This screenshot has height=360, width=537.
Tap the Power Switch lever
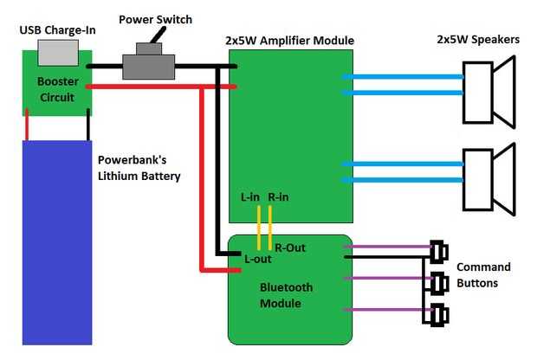click(x=159, y=35)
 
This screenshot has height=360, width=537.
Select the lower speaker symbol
click(x=488, y=177)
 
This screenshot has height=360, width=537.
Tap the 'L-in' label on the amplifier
click(x=250, y=196)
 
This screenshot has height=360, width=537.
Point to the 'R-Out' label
click(x=290, y=247)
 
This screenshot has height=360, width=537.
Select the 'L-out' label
click(x=258, y=259)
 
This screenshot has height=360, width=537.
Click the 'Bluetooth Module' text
click(x=287, y=295)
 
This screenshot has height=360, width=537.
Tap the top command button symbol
click(x=437, y=251)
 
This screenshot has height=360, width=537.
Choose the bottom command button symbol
click(x=437, y=316)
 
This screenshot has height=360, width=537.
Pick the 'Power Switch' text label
click(x=156, y=19)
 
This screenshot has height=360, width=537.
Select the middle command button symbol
click(x=437, y=283)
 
